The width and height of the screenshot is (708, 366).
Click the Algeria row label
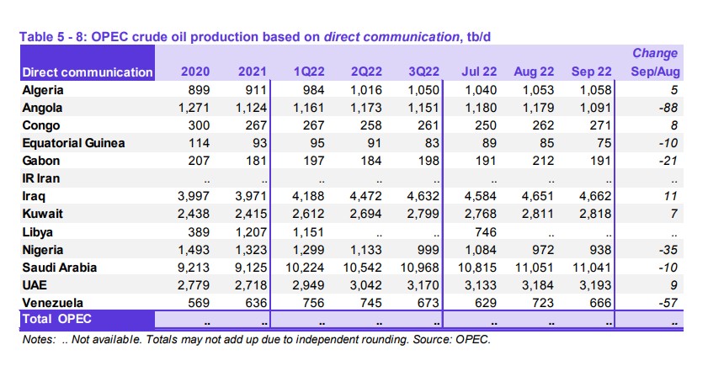click(43, 90)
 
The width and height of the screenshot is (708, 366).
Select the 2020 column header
click(195, 72)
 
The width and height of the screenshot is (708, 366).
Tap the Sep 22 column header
click(591, 72)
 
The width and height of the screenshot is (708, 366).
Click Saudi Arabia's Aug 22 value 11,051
click(535, 268)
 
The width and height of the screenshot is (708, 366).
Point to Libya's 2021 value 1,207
click(252, 232)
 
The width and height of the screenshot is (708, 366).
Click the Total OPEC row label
click(57, 319)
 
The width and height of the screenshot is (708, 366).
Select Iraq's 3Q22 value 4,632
click(423, 196)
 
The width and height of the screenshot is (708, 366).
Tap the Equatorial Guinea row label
click(73, 143)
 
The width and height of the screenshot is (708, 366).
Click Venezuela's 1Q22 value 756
click(313, 303)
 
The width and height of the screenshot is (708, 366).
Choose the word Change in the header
click(655, 53)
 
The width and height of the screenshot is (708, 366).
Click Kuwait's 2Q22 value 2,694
click(365, 214)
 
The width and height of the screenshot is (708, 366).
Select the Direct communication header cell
click(88, 72)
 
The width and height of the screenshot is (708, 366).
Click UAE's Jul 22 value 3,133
click(481, 285)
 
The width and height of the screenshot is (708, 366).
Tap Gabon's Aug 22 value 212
click(543, 161)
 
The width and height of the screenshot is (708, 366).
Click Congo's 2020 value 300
click(199, 125)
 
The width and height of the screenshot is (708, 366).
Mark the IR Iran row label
click(41, 178)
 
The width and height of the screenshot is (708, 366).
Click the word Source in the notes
click(431, 339)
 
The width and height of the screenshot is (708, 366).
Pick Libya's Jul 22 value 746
click(486, 232)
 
